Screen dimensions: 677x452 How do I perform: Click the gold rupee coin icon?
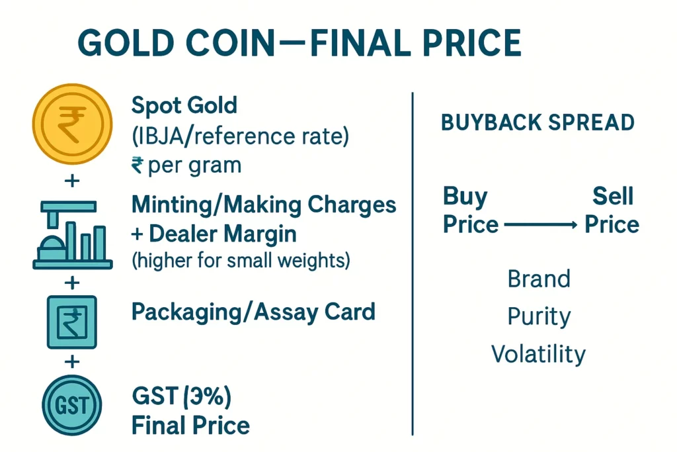pos(72,124)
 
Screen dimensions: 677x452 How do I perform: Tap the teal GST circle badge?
pos(71,405)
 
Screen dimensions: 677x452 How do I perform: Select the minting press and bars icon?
pos(73,235)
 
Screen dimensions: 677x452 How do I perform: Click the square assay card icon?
pos(71,322)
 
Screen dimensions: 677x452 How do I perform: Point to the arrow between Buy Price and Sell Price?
pos(541,225)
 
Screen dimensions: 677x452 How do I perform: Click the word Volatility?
pos(538,354)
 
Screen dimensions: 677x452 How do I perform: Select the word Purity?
pos(539,317)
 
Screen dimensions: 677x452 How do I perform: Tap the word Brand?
pos(539,279)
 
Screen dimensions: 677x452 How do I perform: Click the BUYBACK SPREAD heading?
pos(538,122)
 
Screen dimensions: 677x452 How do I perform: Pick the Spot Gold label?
pos(184,105)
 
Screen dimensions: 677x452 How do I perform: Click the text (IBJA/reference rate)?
pos(240,136)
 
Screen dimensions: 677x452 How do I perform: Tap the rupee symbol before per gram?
pos(138,165)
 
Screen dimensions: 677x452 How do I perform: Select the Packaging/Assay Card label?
pos(253,312)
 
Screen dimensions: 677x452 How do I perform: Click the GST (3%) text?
pos(181,396)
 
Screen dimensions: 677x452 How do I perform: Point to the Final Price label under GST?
pos(190,426)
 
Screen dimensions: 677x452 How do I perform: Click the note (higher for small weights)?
pos(241,261)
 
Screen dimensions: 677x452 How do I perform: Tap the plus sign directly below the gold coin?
pos(72,180)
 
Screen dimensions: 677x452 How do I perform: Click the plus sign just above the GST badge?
pos(72,361)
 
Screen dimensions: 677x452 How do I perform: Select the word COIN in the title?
pos(231,43)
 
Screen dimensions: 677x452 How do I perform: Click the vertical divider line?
pos(413,263)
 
